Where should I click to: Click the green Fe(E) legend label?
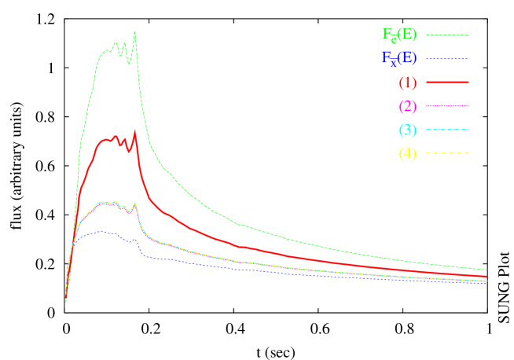click(x=399, y=35)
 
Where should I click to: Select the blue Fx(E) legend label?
click(x=399, y=58)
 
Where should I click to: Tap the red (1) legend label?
click(x=407, y=82)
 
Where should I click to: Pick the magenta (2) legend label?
click(x=407, y=105)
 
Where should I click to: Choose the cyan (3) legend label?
click(x=407, y=129)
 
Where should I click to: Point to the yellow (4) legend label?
click(x=407, y=152)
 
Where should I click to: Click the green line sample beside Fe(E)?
click(x=447, y=35)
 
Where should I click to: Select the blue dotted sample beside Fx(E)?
click(x=447, y=58)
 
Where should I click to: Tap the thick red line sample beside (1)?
click(x=447, y=82)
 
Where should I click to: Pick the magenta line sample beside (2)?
click(x=447, y=105)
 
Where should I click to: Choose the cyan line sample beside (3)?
click(x=447, y=129)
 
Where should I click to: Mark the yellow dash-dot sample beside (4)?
click(x=447, y=152)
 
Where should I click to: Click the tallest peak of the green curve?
click(x=135, y=31)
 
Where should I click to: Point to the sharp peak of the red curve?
click(x=136, y=130)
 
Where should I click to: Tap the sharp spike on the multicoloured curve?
click(x=136, y=203)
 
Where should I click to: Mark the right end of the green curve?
click(x=486, y=270)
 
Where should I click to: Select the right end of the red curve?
click(x=486, y=276)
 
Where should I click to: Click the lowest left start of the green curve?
click(x=66, y=301)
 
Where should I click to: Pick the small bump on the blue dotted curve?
click(x=135, y=239)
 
